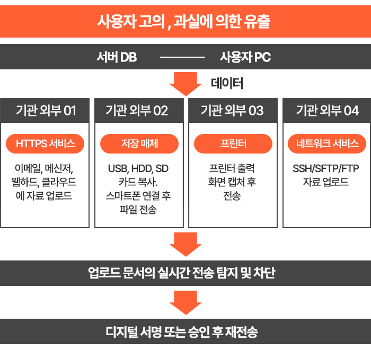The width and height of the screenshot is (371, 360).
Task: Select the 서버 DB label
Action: click(117, 57)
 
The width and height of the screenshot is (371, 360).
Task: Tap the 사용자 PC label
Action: click(245, 57)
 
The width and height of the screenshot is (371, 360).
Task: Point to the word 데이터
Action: click(227, 83)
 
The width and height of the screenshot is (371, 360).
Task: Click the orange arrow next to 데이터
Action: click(185, 83)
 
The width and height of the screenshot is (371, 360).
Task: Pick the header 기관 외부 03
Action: click(233, 111)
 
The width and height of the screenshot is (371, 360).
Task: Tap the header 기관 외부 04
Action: click(326, 111)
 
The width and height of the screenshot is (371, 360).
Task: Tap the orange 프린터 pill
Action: click(233, 143)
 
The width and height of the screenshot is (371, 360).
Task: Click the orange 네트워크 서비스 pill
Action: click(326, 143)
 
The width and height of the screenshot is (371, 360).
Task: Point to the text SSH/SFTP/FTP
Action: click(326, 169)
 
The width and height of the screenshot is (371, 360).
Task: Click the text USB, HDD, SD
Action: click(139, 169)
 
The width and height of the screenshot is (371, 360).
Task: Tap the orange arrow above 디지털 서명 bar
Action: click(185, 303)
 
